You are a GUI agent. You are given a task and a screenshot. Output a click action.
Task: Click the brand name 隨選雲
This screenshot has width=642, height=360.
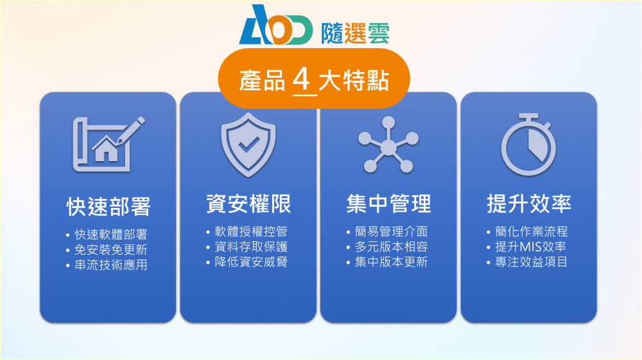pos(355,33)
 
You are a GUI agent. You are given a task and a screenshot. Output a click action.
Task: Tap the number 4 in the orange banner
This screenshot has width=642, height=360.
pos(302,79)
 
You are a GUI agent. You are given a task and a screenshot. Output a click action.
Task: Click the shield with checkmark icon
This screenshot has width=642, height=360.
pos(248,144)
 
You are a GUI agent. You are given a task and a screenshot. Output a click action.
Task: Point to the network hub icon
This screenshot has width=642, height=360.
pos(388,145)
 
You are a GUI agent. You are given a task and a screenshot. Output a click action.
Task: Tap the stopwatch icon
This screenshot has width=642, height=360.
pos(528,144)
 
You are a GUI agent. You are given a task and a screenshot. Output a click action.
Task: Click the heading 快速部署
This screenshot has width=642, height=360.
pos(108,207)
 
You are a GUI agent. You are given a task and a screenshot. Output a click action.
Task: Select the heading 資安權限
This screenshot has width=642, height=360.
pos(248,203)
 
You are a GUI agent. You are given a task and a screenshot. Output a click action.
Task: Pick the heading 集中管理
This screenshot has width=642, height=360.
pos(388,203)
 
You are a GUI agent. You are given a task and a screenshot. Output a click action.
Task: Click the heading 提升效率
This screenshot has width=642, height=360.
pos(529,203)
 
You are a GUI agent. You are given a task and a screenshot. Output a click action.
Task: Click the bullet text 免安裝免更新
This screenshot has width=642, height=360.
pos(110,250)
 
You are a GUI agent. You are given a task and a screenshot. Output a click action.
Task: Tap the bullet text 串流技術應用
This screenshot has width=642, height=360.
pos(110,264)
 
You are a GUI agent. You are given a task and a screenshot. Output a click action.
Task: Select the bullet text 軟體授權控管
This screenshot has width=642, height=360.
pos(251,232)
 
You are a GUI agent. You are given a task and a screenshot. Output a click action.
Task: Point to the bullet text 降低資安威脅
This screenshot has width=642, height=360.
pos(251,262)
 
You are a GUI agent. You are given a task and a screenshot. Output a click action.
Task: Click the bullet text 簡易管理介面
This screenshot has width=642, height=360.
pos(391,232)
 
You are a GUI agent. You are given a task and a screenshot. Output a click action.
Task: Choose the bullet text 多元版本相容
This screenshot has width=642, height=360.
pos(391,246)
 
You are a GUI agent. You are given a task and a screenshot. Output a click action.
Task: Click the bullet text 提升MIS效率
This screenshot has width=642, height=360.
pos(531,246)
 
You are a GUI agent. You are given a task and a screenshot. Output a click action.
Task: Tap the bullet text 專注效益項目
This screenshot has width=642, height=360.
pos(532,262)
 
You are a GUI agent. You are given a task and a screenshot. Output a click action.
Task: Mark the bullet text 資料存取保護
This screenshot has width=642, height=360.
pos(251,246)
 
